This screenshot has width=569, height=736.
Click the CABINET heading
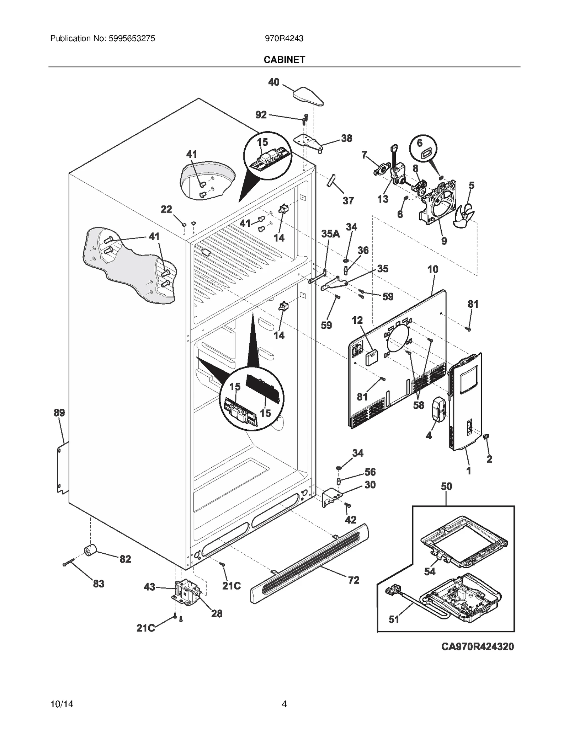[x=284, y=60]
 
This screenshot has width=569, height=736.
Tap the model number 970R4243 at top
[x=284, y=38]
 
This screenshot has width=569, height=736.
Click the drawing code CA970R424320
[x=477, y=646]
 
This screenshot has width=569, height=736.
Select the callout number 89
[x=59, y=413]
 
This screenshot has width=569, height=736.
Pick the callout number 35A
[x=330, y=234]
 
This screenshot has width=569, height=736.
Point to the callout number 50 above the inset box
[x=446, y=486]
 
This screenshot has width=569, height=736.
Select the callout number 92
[x=261, y=115]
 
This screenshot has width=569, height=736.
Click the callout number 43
[x=149, y=587]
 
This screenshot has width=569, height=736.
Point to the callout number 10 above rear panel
[x=433, y=269]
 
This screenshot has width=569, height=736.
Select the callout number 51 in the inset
[x=394, y=619]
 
